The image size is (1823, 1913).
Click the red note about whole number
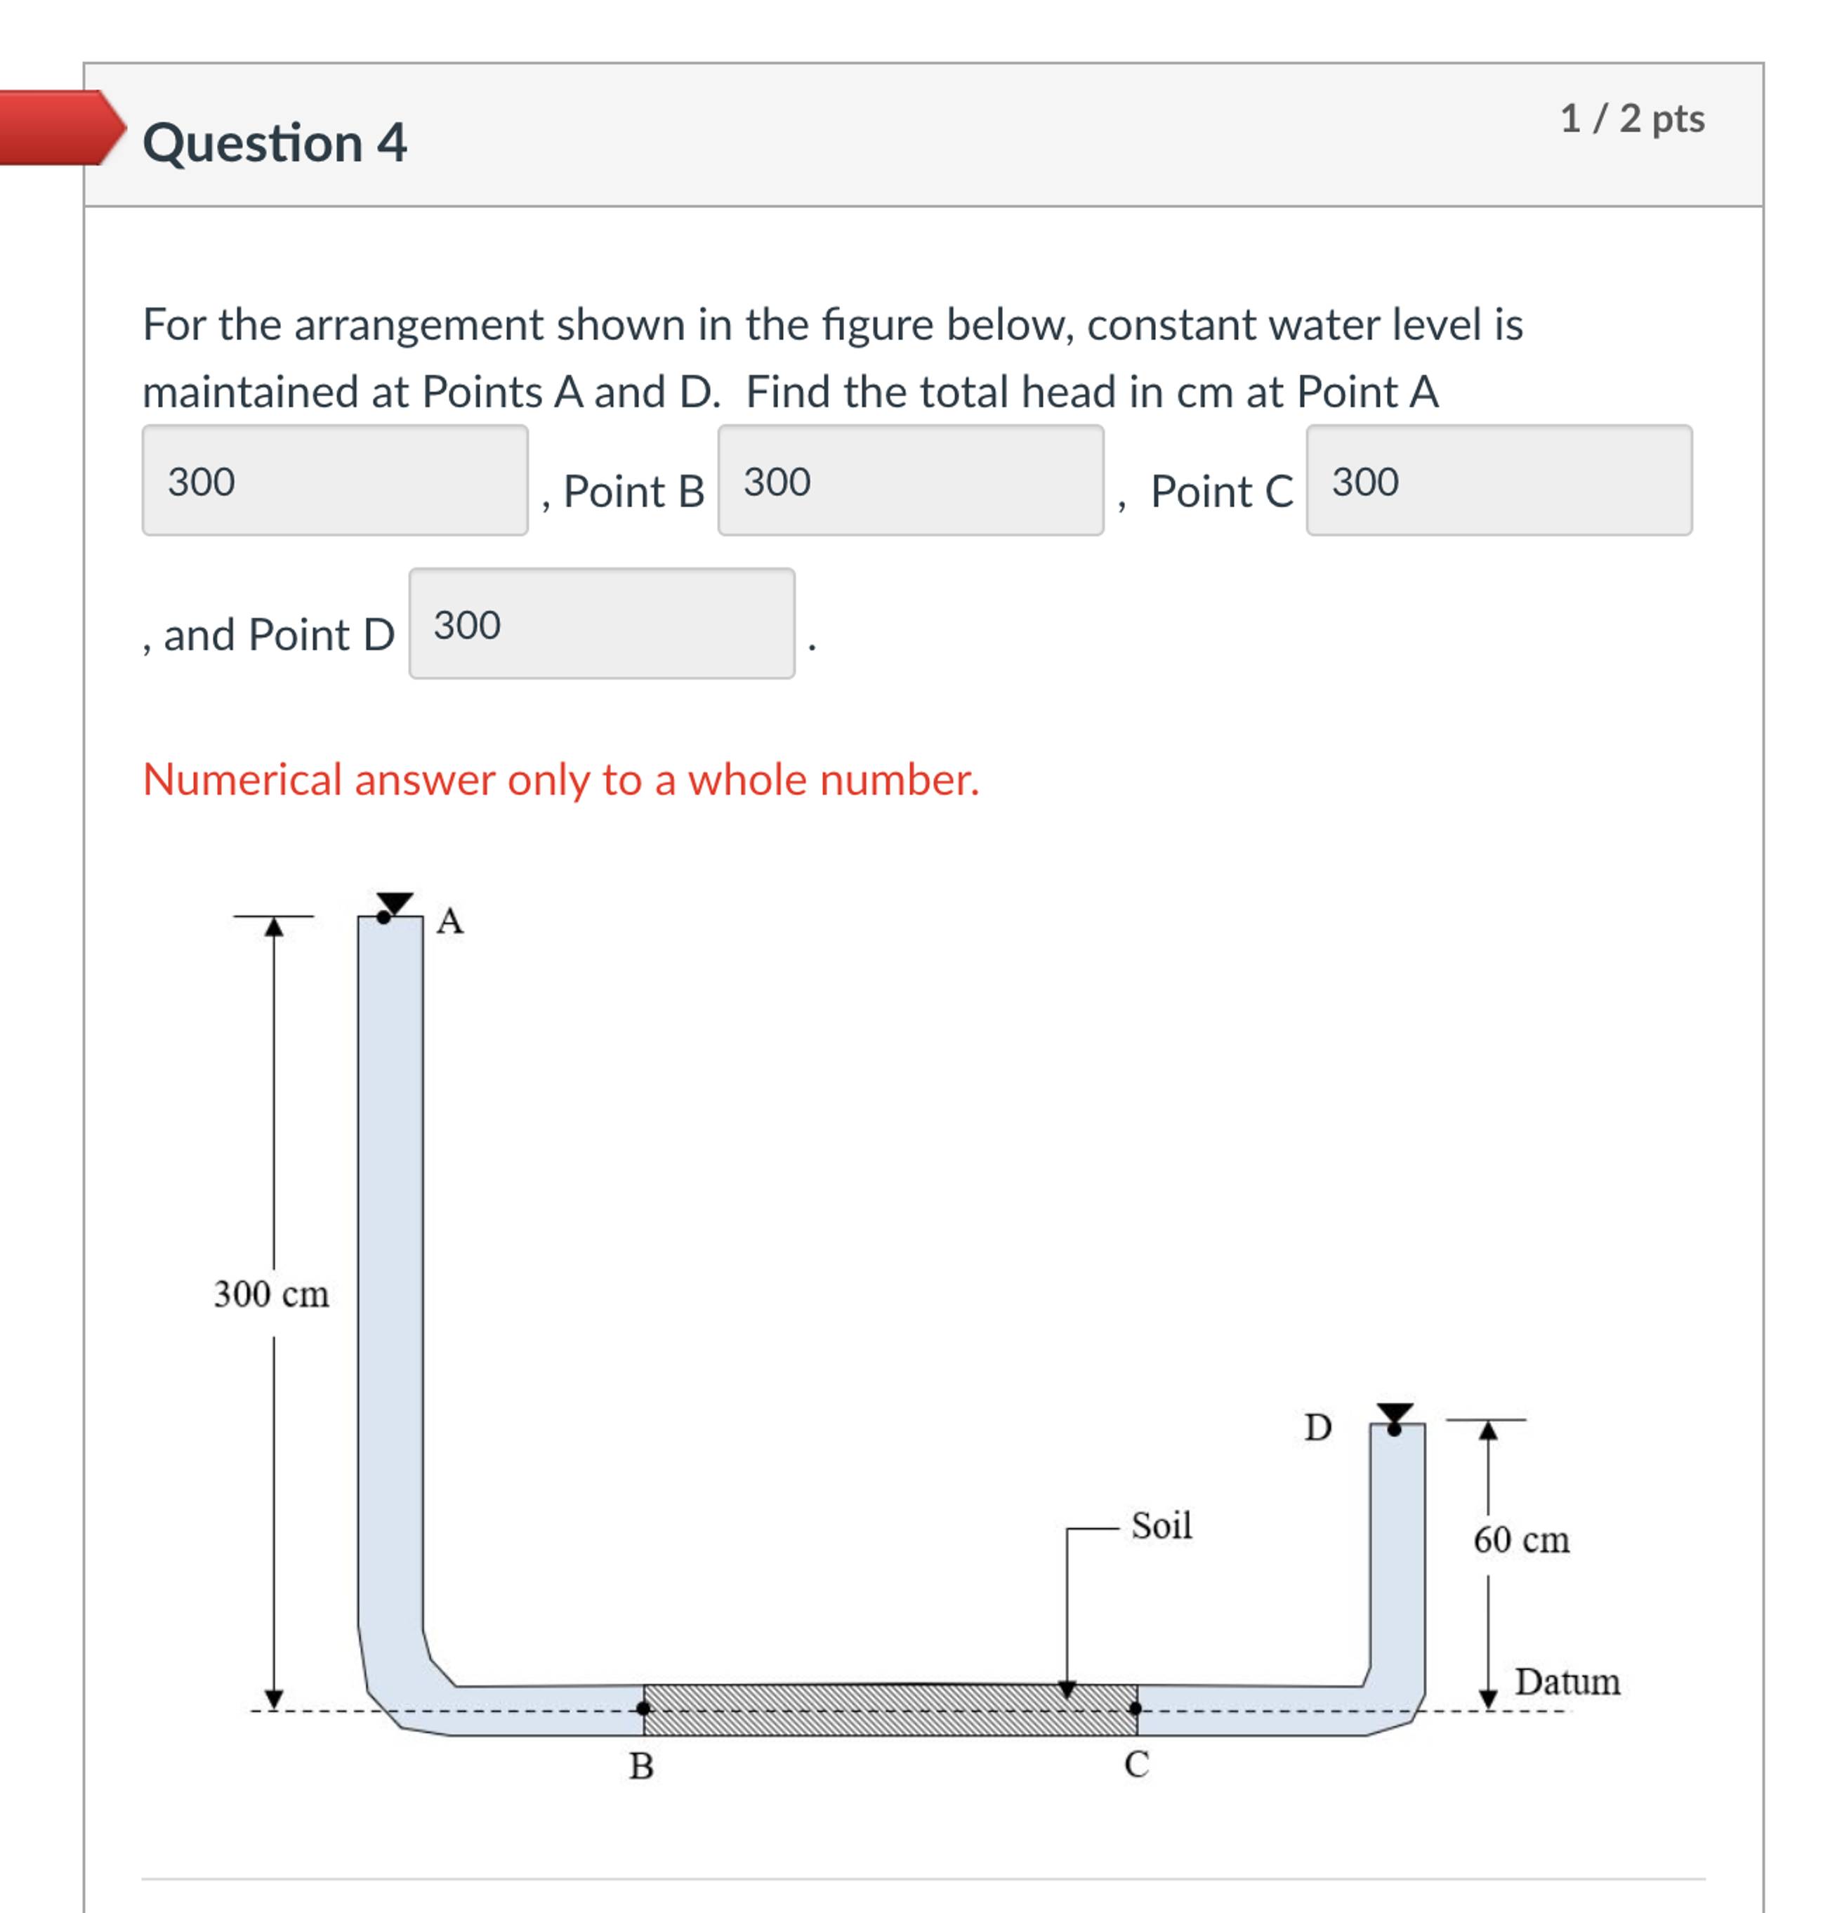coord(560,780)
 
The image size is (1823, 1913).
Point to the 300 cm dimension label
coord(271,1294)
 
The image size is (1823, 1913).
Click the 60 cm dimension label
coord(1521,1540)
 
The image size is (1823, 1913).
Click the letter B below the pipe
coord(641,1766)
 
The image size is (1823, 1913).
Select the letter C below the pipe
coord(1136,1764)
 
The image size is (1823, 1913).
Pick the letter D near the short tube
coord(1317,1427)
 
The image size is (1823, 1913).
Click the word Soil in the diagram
coord(1161,1525)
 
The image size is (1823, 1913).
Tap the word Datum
coord(1567,1682)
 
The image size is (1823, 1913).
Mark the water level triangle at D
coord(1395,1414)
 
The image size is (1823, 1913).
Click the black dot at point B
coord(643,1708)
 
